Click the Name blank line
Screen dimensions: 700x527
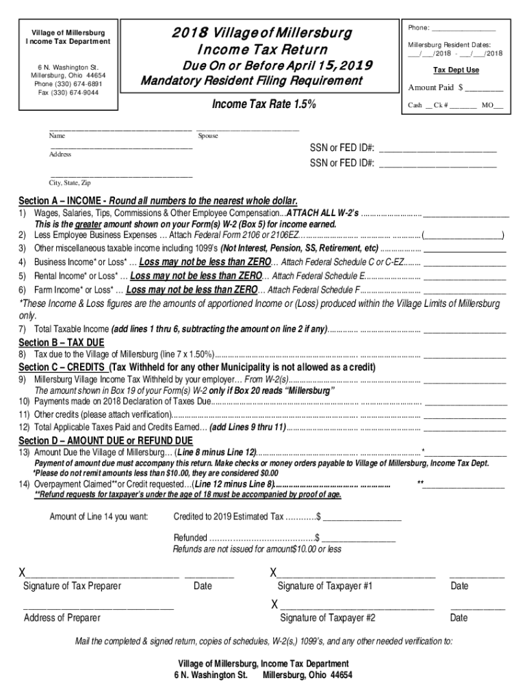(120, 128)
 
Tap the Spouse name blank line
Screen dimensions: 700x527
(248, 128)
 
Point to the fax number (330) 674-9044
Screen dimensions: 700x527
(68, 92)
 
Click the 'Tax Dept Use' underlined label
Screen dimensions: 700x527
(456, 70)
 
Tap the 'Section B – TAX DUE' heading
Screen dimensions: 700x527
(62, 342)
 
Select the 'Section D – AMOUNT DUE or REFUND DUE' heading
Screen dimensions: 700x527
(105, 440)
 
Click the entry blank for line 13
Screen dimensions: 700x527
(467, 453)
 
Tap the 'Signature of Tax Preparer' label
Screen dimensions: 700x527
(72, 586)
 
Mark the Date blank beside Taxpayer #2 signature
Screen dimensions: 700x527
(477, 607)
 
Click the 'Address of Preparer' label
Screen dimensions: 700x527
(62, 618)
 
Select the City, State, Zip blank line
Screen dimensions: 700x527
(120, 176)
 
